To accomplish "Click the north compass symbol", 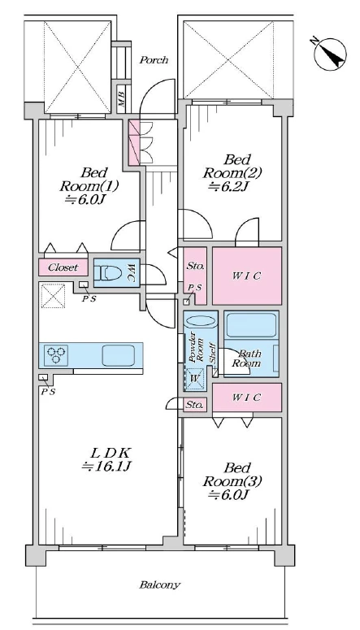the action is pos(330,54).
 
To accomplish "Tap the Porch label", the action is pos(154,60).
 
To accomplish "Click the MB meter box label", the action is pos(122,98).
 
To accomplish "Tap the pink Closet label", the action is pos(63,267).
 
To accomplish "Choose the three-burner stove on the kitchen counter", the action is pos(56,354).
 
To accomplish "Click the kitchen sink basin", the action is pos(118,355).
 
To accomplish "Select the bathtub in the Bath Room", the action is pos(251,325).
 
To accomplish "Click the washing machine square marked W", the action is pos(195,379).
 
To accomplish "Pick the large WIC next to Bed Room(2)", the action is pos(247,276).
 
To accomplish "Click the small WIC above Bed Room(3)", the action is pos(247,398).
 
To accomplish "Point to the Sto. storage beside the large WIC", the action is pos(196,276).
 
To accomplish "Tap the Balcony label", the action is pos(160,584).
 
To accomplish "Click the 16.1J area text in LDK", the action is pos(107,467).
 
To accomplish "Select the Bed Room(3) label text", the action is pos(232,475).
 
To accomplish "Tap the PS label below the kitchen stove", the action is pos(47,392).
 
